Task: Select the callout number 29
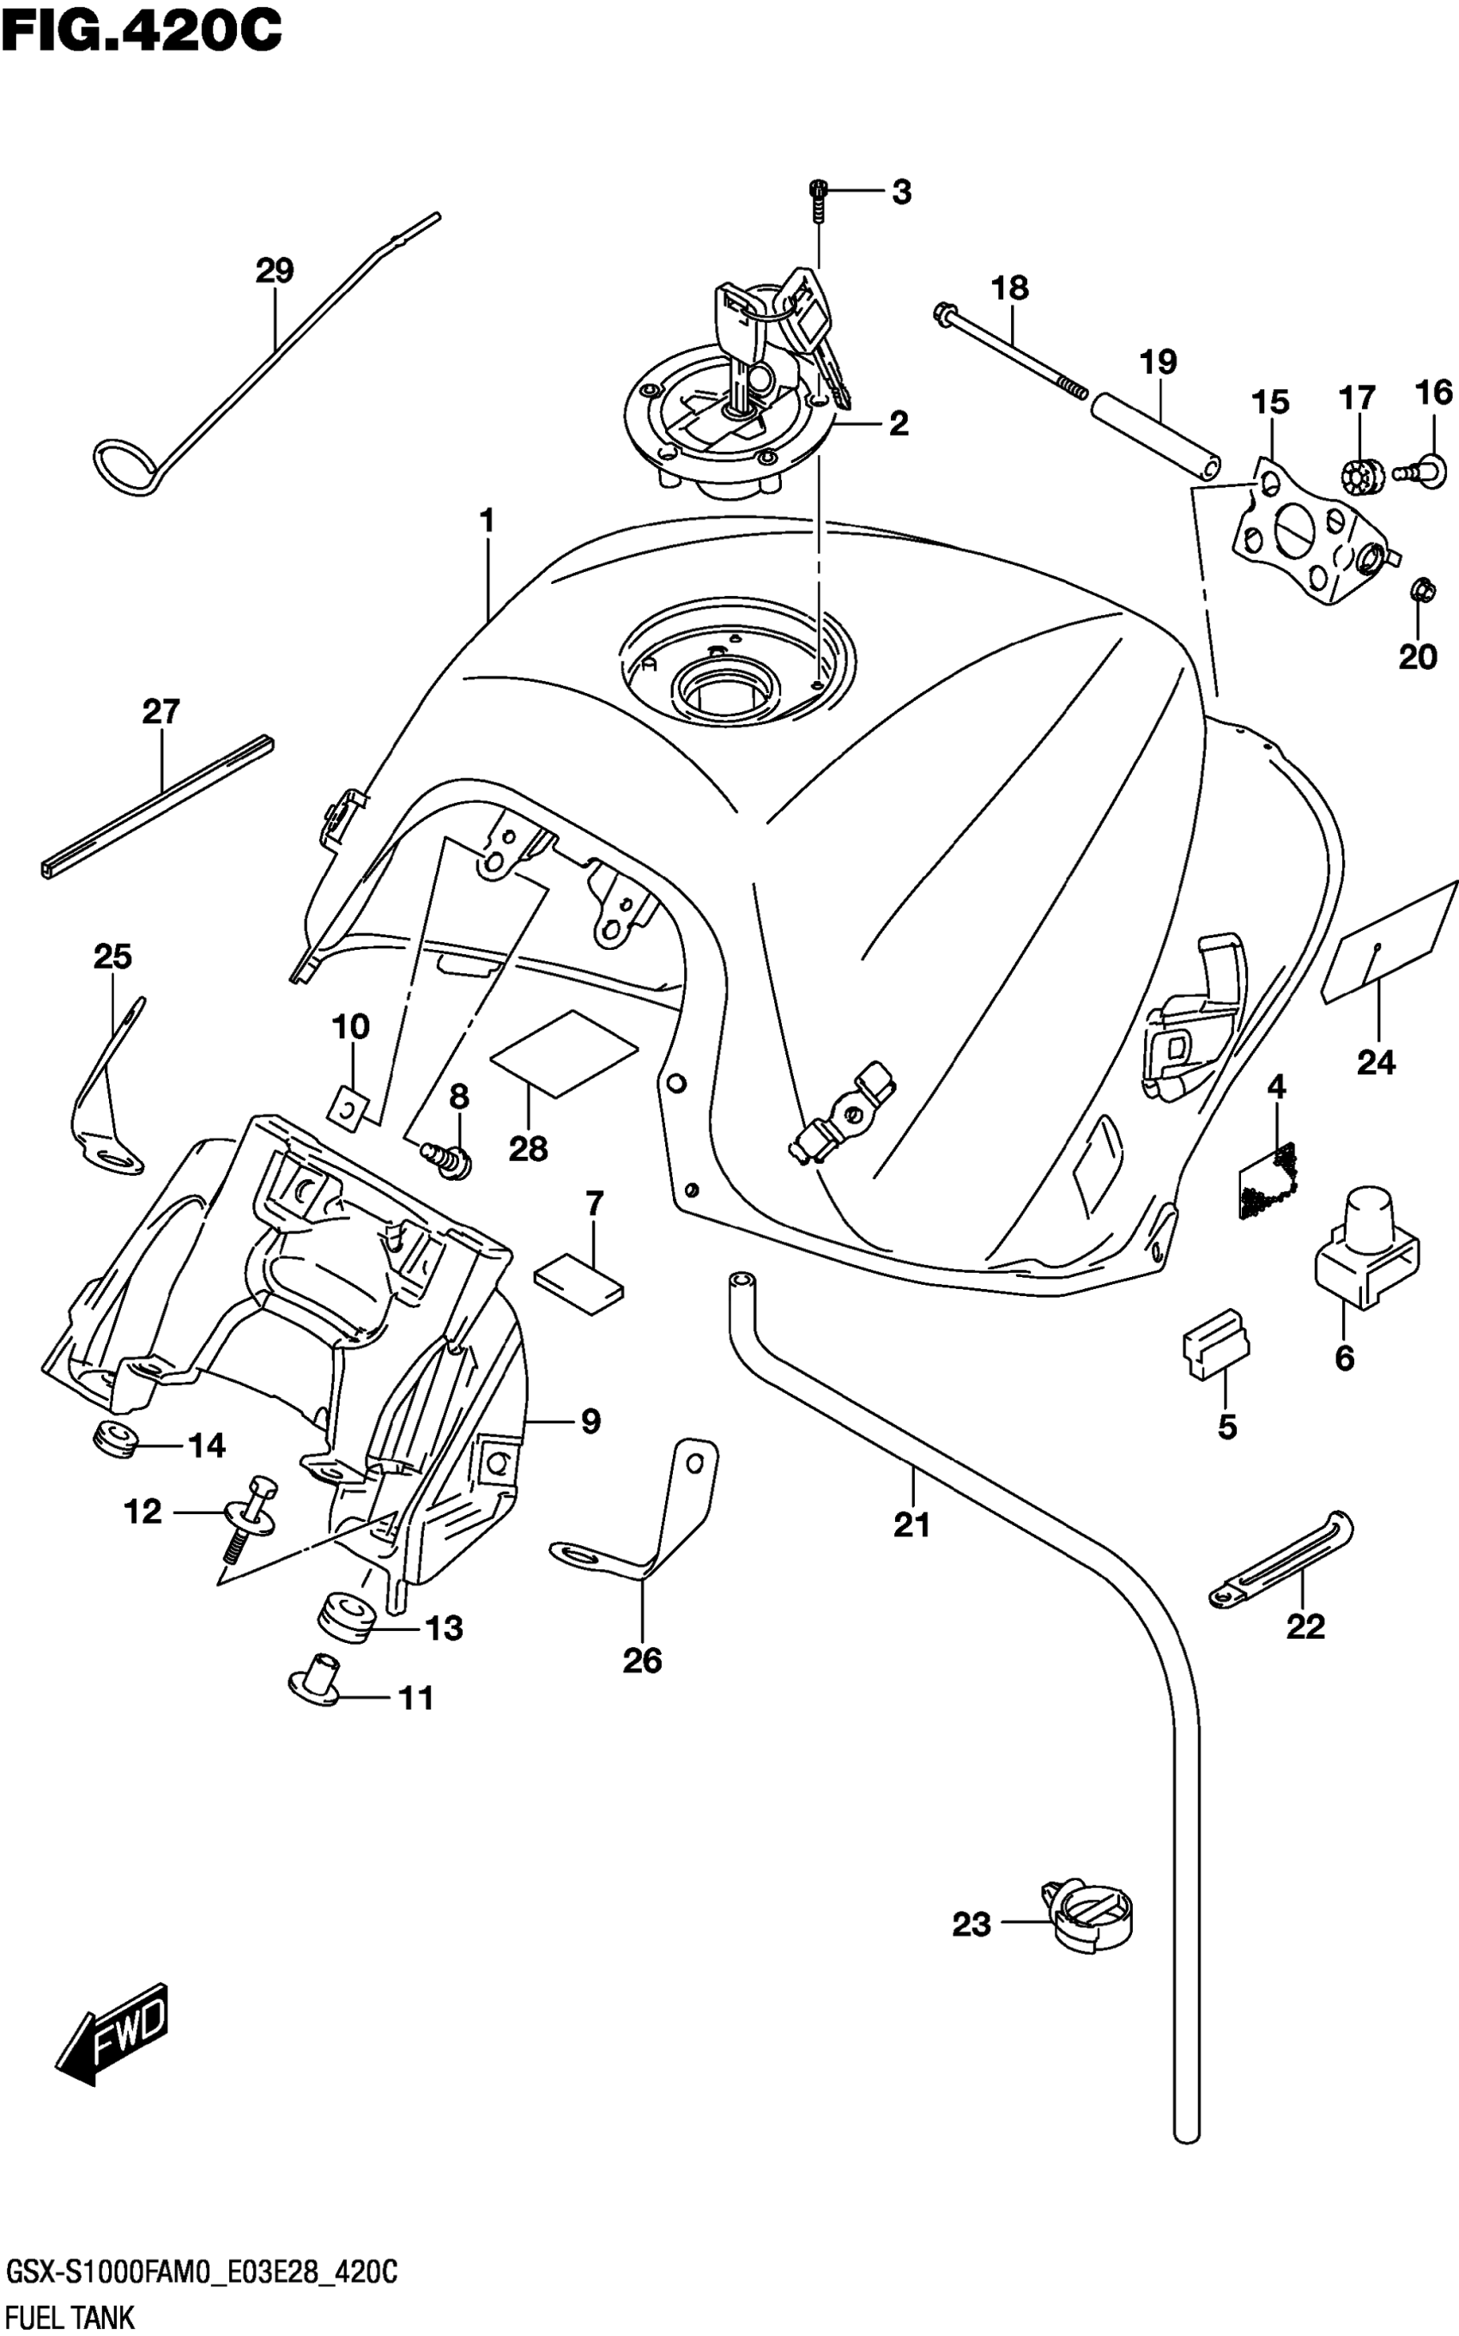pos(274,271)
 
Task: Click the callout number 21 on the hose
pos(911,1525)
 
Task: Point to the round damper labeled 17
pos(1361,474)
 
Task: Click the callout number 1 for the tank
pos(487,521)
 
